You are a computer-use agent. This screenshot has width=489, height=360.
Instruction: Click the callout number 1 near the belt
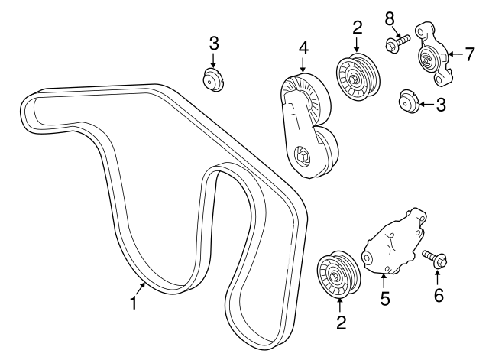point(134,303)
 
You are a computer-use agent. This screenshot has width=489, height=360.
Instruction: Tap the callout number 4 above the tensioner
point(303,47)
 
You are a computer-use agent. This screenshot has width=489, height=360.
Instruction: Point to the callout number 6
point(438,295)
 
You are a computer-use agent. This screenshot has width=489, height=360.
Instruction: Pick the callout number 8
point(390,17)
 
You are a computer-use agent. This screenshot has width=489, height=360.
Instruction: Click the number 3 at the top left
point(213,42)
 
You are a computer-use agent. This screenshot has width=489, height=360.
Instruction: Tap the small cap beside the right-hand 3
point(410,100)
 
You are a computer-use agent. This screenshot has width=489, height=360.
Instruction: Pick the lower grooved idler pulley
point(338,276)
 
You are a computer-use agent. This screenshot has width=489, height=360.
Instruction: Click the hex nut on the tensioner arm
point(303,157)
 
